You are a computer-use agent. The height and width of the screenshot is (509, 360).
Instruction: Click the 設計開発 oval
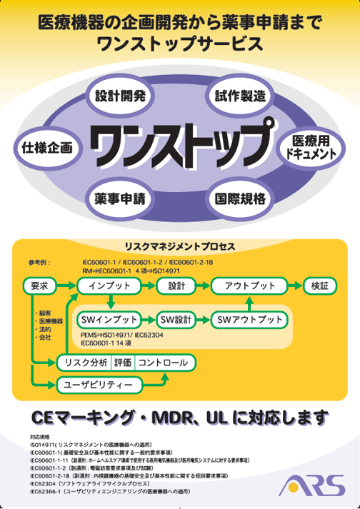(x=120, y=96)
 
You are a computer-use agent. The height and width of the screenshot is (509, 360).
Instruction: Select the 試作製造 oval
(x=241, y=96)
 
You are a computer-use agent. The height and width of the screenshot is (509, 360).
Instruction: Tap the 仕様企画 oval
(x=47, y=148)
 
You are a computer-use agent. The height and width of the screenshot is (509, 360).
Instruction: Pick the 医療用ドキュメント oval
(x=311, y=148)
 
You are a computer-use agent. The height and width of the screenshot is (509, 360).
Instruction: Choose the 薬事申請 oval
(x=120, y=198)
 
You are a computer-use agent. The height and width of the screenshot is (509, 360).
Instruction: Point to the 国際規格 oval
(x=241, y=198)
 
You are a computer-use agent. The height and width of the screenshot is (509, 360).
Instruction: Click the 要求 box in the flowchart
(x=39, y=286)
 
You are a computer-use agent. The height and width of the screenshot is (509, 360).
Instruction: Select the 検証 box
(x=320, y=286)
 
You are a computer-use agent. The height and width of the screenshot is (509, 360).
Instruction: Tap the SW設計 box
(x=176, y=320)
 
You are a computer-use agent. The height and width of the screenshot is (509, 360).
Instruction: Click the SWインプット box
(x=109, y=320)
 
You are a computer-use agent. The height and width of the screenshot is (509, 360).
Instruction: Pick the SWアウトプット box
(x=249, y=320)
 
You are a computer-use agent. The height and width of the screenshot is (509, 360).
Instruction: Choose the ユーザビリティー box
(x=99, y=385)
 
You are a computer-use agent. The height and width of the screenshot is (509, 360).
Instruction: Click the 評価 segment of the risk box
(x=123, y=363)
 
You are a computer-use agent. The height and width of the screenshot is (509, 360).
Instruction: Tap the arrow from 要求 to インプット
(x=66, y=286)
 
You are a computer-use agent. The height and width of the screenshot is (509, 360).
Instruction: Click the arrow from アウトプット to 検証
(x=295, y=286)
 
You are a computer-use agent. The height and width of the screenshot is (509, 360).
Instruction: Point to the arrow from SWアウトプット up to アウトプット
(x=249, y=303)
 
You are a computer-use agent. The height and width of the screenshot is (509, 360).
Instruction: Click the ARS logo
(x=312, y=485)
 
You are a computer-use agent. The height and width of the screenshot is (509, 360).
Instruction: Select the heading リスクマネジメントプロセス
(x=180, y=247)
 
